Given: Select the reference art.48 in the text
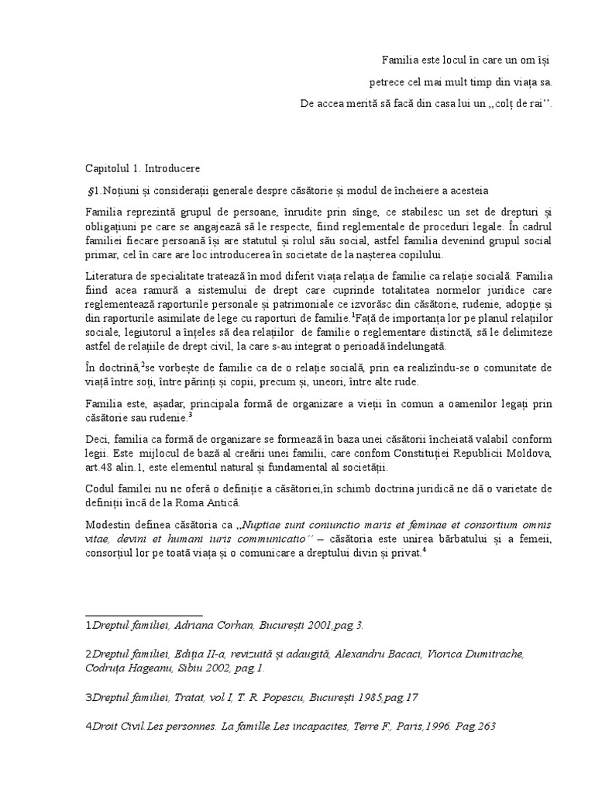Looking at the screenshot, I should click(x=101, y=468).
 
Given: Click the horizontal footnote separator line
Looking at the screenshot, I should click(x=144, y=614).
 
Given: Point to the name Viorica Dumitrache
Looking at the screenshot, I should click(x=481, y=654).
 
